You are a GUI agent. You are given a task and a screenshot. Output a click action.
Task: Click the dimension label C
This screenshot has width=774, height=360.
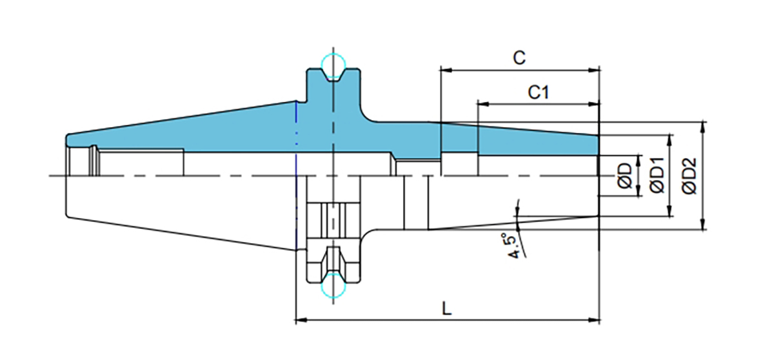519,57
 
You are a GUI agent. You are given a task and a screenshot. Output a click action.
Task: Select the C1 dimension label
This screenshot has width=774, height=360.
538,92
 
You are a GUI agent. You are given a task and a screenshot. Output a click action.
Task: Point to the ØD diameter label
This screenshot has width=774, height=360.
624,175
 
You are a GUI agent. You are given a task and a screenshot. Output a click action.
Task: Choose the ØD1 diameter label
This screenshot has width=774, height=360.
657,175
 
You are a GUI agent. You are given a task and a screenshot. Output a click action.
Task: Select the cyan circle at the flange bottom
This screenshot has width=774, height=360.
334,285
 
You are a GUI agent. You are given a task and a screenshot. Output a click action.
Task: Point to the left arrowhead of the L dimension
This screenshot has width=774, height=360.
299,319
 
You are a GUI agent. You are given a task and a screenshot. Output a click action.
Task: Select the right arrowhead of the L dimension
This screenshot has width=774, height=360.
595,319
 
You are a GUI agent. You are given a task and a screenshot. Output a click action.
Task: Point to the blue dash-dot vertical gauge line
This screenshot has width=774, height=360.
296,139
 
